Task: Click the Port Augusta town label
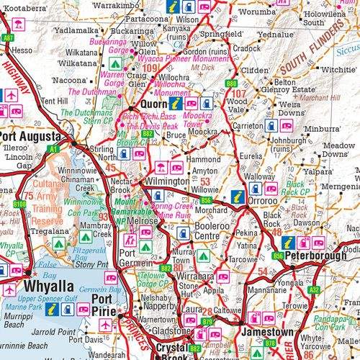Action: click(30, 135)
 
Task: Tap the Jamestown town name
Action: click(266, 332)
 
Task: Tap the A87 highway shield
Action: click(9, 37)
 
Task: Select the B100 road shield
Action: click(19, 204)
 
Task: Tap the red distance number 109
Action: click(150, 68)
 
